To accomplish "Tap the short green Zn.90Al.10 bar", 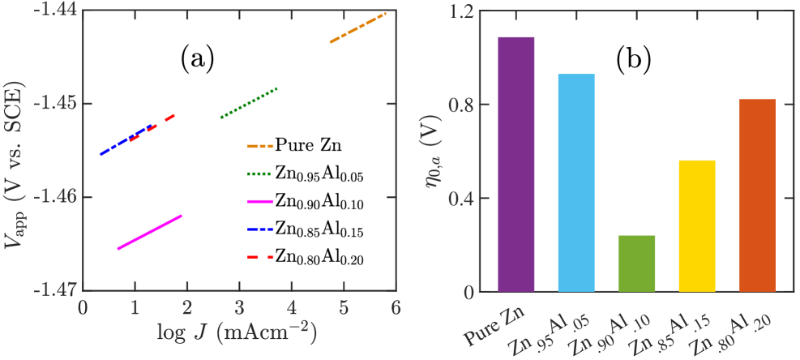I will pos(636,264).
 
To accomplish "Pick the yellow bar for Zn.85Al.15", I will pos(697,226).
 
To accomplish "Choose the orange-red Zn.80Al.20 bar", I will pos(757,195).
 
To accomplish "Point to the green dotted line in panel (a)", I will pos(249,103).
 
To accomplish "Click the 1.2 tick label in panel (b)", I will pos(463,11).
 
